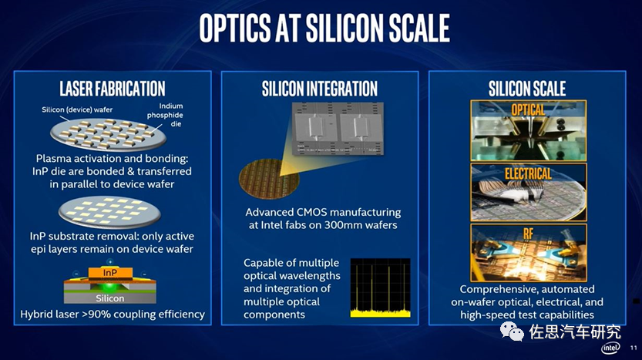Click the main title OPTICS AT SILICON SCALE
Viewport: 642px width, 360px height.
click(324, 28)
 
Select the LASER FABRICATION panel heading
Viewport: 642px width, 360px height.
click(113, 89)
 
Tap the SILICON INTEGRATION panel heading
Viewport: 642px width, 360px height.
click(320, 89)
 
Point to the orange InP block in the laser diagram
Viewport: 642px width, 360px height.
click(110, 272)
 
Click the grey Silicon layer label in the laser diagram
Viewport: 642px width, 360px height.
click(109, 298)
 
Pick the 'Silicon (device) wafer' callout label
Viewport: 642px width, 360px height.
click(77, 109)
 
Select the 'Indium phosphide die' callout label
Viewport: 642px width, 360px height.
click(166, 115)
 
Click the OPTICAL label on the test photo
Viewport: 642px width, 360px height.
click(528, 109)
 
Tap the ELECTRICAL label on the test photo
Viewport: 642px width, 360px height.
click(528, 174)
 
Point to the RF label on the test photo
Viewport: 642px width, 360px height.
click(528, 234)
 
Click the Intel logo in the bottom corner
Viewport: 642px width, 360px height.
click(610, 348)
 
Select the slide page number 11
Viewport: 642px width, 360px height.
click(634, 348)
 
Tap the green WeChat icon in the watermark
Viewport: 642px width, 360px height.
click(512, 331)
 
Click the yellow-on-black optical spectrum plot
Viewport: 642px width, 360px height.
click(381, 288)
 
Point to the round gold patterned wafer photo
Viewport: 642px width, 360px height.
click(269, 179)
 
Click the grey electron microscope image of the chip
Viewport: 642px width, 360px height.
click(338, 128)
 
